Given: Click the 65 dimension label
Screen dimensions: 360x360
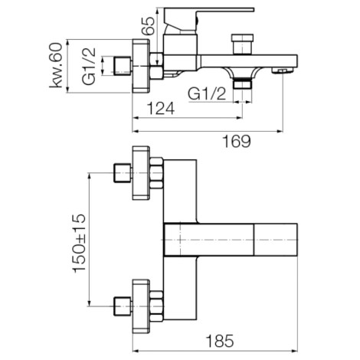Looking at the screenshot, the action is pyautogui.click(x=148, y=25).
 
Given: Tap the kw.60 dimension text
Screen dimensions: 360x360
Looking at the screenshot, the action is pyautogui.click(x=56, y=65).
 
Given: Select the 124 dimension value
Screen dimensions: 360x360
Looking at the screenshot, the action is pyautogui.click(x=161, y=109).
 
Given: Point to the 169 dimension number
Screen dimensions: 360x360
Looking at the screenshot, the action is pyautogui.click(x=237, y=141).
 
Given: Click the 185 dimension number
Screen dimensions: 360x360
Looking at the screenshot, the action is pyautogui.click(x=220, y=341).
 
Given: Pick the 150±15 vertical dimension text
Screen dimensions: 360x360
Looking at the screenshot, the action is pyautogui.click(x=79, y=243).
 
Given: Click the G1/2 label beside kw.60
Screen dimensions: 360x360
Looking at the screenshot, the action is pyautogui.click(x=90, y=67).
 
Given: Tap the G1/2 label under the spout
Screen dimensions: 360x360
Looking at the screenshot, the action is pyautogui.click(x=207, y=94).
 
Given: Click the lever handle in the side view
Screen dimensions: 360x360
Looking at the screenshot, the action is pyautogui.click(x=208, y=17).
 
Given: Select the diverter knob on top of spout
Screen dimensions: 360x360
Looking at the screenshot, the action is pyautogui.click(x=242, y=44).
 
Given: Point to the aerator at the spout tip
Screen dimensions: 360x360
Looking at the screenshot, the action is pyautogui.click(x=282, y=70).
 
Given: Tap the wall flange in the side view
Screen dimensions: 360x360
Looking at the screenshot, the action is pyautogui.click(x=140, y=67).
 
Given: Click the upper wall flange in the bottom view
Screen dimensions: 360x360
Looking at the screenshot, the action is pyautogui.click(x=141, y=173).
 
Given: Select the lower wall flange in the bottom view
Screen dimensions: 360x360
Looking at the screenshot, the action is pyautogui.click(x=141, y=306).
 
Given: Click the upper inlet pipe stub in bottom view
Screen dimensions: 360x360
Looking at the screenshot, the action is pyautogui.click(x=123, y=173).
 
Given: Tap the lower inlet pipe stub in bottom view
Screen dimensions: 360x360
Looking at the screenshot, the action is pyautogui.click(x=123, y=306).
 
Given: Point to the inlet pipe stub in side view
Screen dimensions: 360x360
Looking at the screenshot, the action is pyautogui.click(x=123, y=66).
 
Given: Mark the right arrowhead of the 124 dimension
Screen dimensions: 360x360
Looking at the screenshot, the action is pyautogui.click(x=239, y=118).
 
